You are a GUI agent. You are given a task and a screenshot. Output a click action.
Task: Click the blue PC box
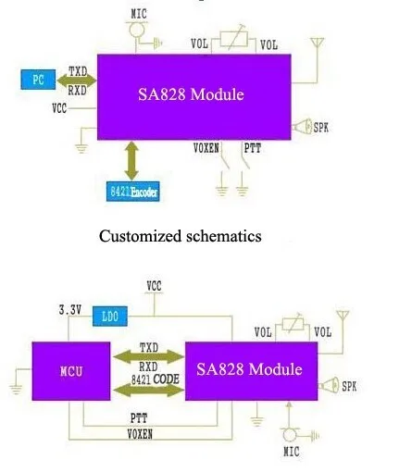(x=38, y=80)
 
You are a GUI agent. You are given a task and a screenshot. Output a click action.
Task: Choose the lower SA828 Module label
(x=249, y=369)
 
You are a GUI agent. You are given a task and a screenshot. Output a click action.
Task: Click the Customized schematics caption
(x=180, y=236)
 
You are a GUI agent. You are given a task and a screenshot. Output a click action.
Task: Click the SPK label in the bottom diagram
(x=350, y=385)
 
